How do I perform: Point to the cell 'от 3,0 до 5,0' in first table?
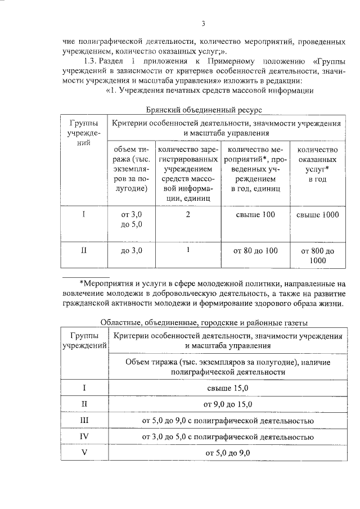coord(131,220)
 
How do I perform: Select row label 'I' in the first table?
coord(83,215)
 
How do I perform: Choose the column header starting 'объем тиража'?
coord(131,169)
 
